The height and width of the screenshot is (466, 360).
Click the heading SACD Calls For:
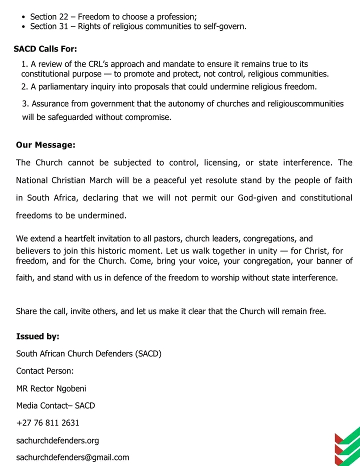coord(45,49)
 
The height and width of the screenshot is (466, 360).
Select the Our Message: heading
coord(45,145)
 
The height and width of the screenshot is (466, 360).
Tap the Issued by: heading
coord(37,336)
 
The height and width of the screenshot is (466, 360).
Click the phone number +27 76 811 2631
coord(47,423)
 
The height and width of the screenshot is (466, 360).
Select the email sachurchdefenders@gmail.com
coord(72,457)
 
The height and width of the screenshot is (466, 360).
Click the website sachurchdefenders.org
coord(57,440)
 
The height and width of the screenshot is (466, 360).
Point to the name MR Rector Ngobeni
coord(47,388)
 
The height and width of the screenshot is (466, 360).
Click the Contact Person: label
coord(45,371)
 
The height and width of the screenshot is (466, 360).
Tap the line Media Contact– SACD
coord(55,405)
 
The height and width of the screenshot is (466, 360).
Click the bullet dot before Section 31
coord(24,26)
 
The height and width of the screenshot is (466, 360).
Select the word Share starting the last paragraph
coord(27,311)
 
